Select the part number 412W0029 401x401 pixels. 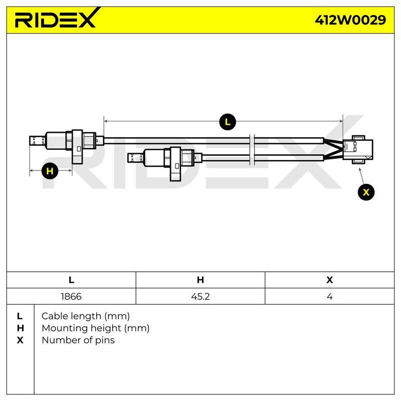[x=350, y=20]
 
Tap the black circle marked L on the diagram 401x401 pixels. [x=228, y=122]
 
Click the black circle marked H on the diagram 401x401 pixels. [x=50, y=170]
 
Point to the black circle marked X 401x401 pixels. [x=366, y=192]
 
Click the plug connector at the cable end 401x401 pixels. [x=358, y=149]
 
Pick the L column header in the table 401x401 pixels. [x=71, y=280]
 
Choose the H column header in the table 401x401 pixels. [x=200, y=280]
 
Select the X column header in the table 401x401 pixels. [x=330, y=280]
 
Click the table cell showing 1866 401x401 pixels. [x=71, y=296]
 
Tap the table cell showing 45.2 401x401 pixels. [x=200, y=296]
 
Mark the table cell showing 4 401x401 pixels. [x=330, y=296]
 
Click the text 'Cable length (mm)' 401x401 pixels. [x=86, y=316]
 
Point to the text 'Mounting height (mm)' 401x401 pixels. [x=96, y=328]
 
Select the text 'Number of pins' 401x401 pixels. [x=78, y=340]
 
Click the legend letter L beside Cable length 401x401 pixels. [x=20, y=316]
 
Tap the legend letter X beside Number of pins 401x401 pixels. [x=20, y=340]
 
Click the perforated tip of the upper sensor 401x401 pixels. [x=37, y=141]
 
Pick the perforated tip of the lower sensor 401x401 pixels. [x=135, y=158]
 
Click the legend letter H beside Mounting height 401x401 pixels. [x=20, y=328]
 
